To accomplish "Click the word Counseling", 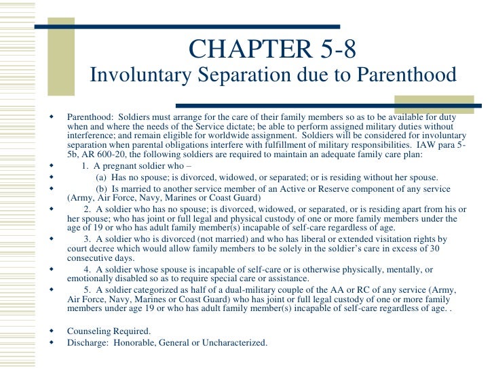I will point(90,331).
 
